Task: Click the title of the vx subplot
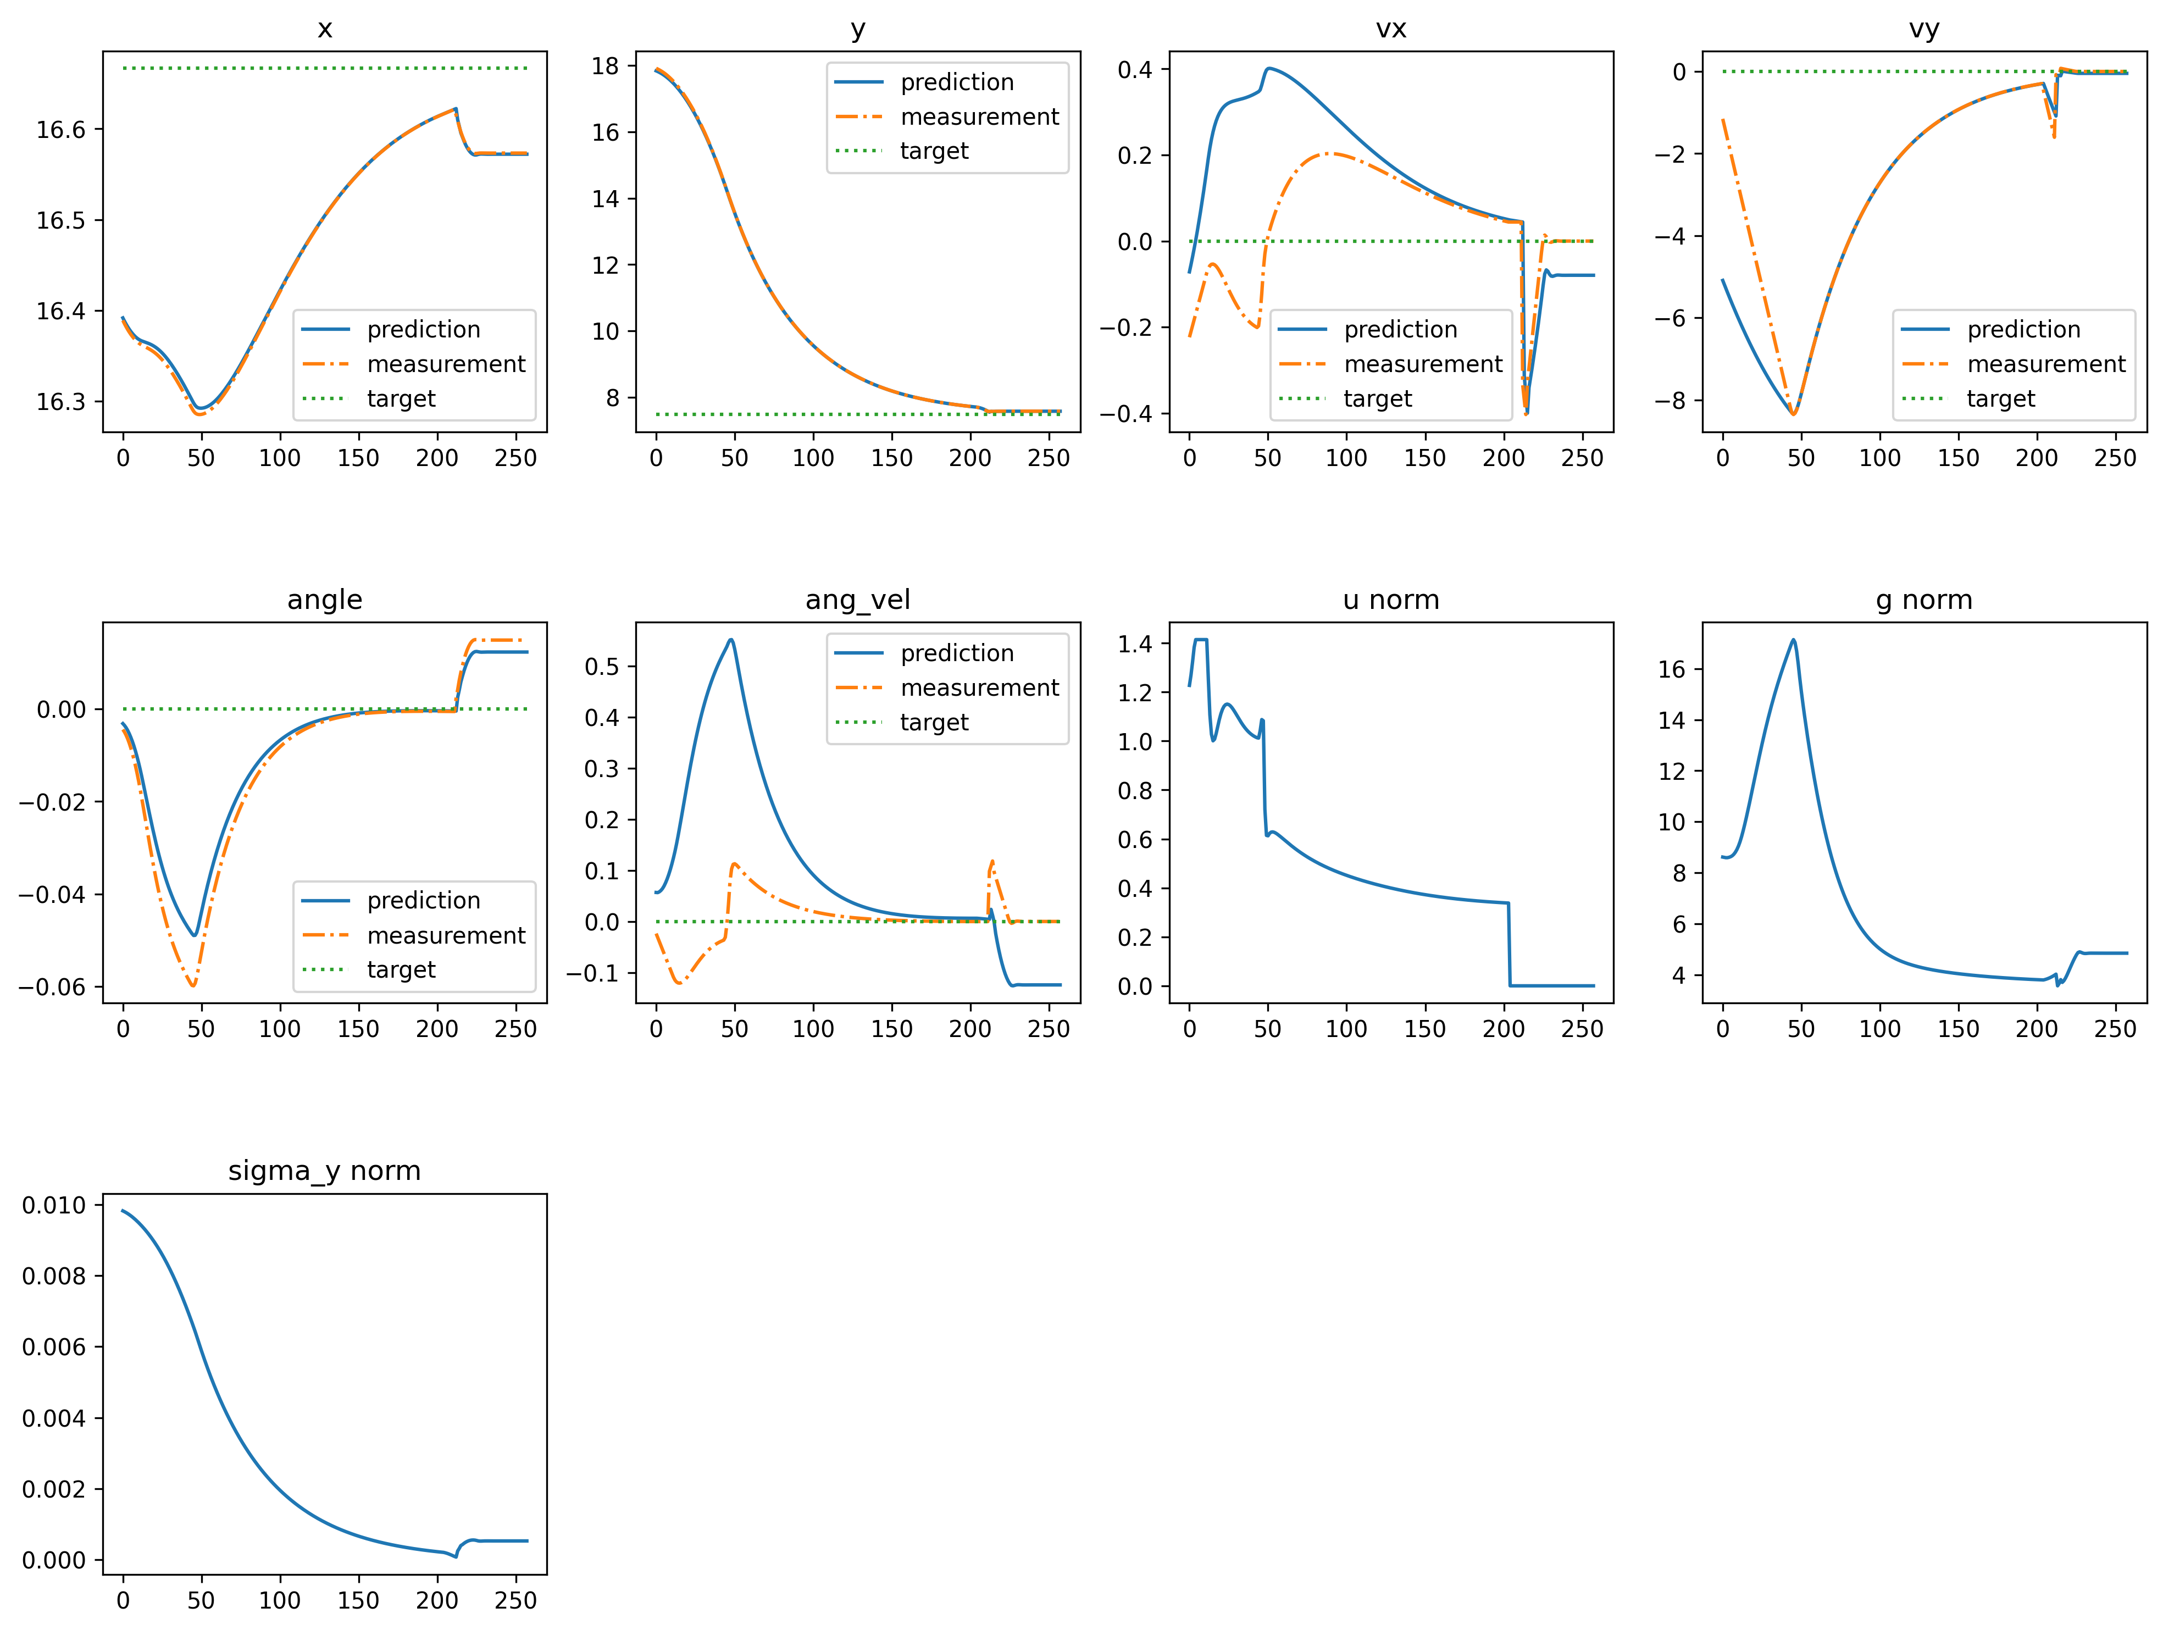(x=1390, y=29)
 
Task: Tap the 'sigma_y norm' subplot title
(x=325, y=1171)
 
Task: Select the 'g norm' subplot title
(x=1923, y=600)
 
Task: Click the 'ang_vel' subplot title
(x=858, y=600)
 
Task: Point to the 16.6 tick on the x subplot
(x=60, y=130)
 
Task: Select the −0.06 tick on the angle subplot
(x=52, y=986)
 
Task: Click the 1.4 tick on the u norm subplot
(x=1135, y=644)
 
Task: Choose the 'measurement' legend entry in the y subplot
(x=979, y=117)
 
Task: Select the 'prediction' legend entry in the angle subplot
(x=423, y=901)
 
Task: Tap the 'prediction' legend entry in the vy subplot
(x=2023, y=330)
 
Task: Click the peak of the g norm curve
(x=1793, y=640)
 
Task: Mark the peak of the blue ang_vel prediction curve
(x=731, y=640)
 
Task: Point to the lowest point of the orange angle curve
(x=193, y=985)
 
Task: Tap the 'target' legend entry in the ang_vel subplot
(x=934, y=723)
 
